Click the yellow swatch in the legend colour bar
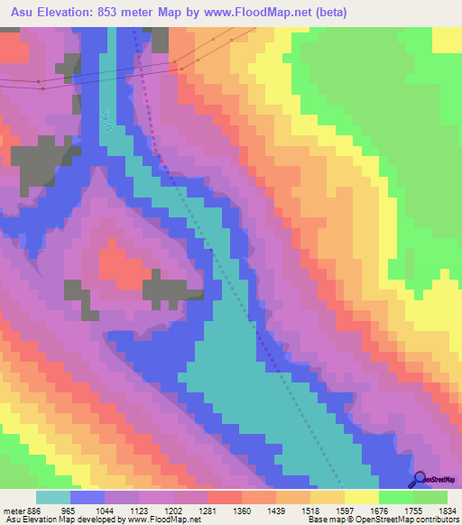(362, 497)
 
